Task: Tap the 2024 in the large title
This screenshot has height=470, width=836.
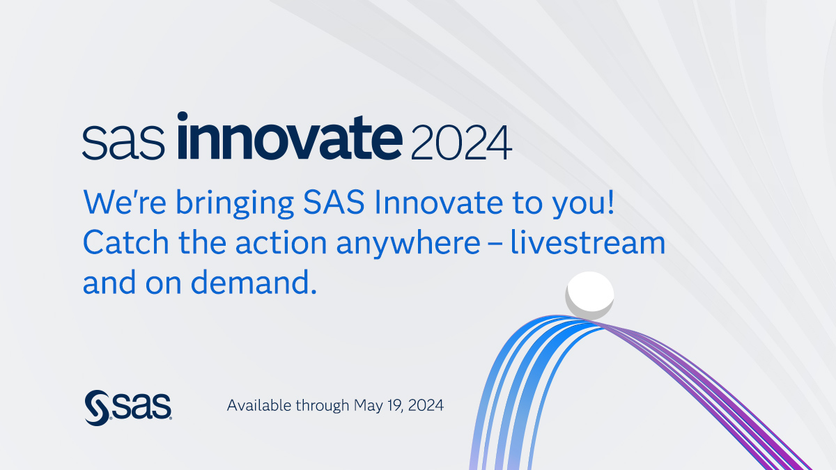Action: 461,143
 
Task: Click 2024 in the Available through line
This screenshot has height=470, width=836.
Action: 426,405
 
